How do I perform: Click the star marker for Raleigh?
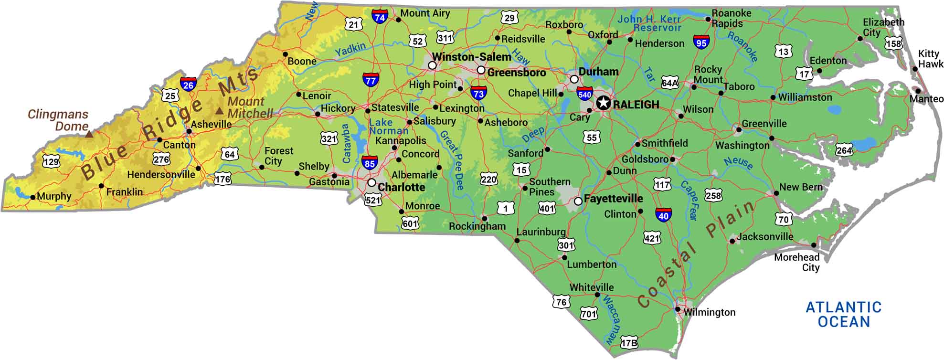pos(604,103)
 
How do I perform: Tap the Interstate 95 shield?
pos(701,42)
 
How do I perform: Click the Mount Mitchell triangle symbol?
pos(219,111)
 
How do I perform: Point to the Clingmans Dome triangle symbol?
pos(89,134)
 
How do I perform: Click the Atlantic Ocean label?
pos(844,314)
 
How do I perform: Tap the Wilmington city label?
pos(709,312)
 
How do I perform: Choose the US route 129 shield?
pos(51,161)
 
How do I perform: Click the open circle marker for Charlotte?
pos(371,182)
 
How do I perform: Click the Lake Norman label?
pos(388,127)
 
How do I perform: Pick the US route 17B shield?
pos(629,343)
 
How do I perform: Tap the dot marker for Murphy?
pos(32,197)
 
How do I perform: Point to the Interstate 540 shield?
pos(584,94)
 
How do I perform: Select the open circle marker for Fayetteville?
pos(578,201)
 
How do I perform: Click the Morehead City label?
pos(797,262)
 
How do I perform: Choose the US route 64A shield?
pos(669,83)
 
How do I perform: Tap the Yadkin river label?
pos(350,49)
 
